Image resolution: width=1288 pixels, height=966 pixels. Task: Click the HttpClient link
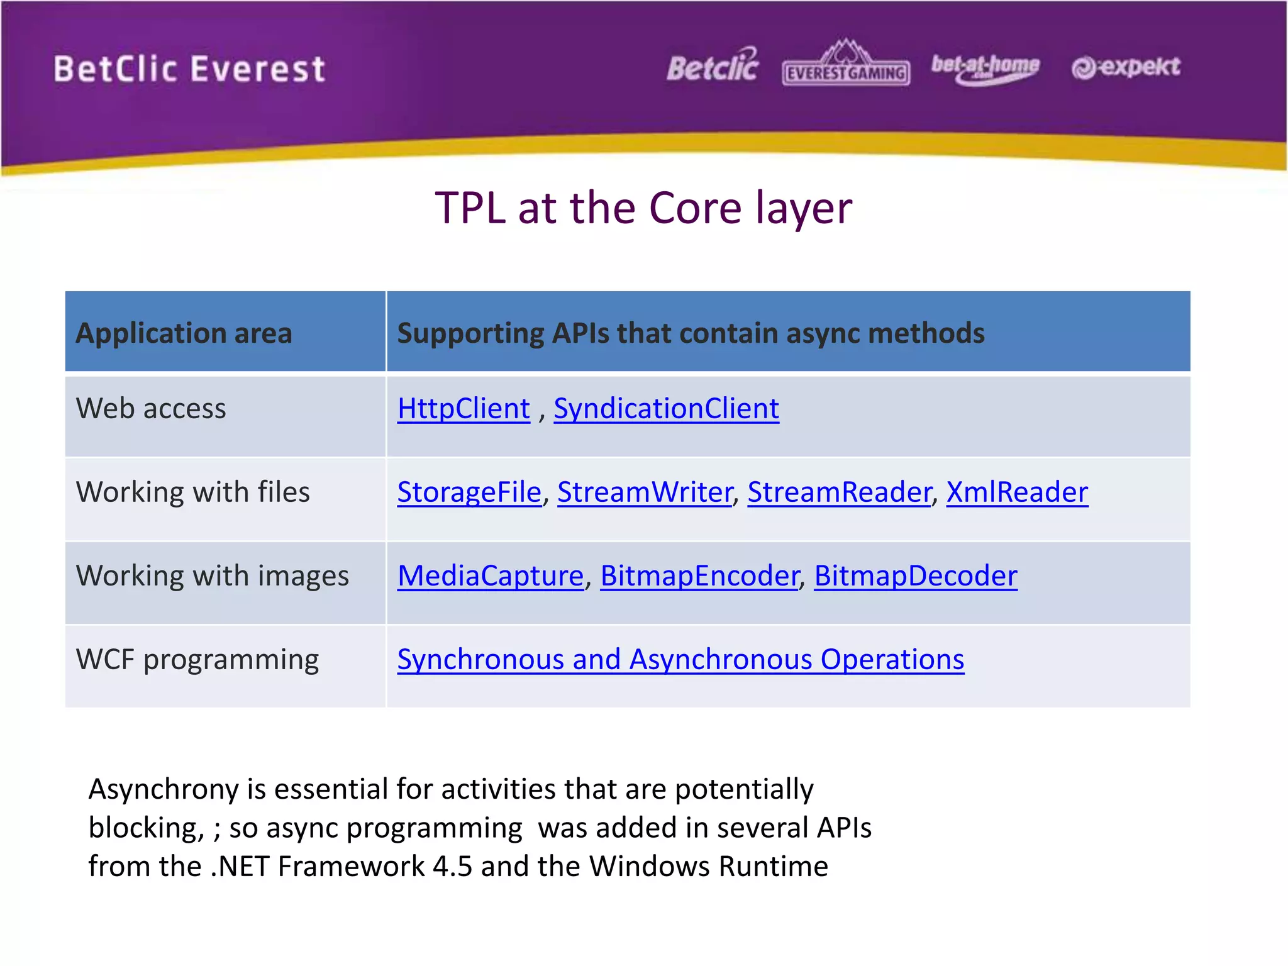coord(464,409)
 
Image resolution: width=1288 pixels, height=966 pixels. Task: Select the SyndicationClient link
coord(666,409)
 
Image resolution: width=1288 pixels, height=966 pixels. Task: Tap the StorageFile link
coord(469,492)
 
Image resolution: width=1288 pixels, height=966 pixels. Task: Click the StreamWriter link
coord(645,492)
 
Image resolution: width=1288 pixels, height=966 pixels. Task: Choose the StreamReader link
coord(839,492)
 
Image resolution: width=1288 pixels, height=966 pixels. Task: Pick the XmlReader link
coord(1017,492)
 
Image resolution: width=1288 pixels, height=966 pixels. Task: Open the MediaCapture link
coord(491,576)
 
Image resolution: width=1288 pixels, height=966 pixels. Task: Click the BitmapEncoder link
coord(699,576)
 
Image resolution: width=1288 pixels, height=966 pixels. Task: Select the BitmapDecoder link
coord(916,576)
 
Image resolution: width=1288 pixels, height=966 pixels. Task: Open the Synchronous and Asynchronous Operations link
coord(680,660)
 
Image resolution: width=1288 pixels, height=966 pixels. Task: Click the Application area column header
coord(184,333)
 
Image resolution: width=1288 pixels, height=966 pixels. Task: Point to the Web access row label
coord(151,409)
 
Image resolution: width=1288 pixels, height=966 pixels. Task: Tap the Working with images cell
coord(213,576)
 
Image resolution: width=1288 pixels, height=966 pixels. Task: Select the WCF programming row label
coord(197,660)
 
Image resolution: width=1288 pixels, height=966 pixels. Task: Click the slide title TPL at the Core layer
coord(643,208)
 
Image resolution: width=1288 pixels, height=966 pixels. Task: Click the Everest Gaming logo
coord(846,63)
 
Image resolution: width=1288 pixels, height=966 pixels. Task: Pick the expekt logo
coord(1126,67)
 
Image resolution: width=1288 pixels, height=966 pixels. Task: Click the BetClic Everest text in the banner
coord(189,69)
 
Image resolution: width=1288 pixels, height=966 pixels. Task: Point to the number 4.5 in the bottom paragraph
coord(452,867)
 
